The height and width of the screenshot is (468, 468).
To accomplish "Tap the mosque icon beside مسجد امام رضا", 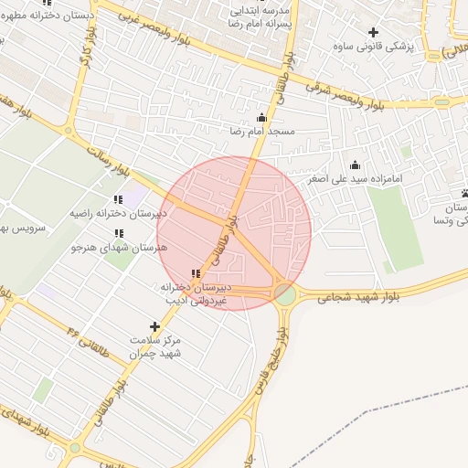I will click(x=262, y=117).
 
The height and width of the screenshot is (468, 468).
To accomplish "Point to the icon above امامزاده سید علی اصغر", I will click(x=356, y=165).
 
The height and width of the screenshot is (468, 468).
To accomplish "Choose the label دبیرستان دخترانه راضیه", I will click(x=118, y=213).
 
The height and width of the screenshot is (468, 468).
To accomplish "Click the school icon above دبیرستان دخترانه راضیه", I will click(x=118, y=198).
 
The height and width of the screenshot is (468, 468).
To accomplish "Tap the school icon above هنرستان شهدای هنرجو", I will click(x=120, y=232).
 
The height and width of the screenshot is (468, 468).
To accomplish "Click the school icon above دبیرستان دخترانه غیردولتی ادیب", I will click(x=195, y=273).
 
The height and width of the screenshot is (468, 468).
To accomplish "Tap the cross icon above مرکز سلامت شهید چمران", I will click(x=154, y=326).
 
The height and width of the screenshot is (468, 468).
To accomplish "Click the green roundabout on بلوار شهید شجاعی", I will click(x=286, y=294).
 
